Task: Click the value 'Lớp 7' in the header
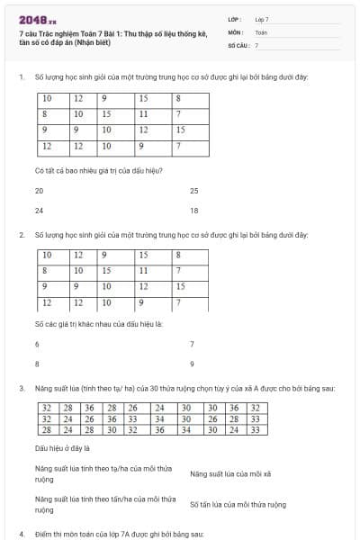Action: point(262,19)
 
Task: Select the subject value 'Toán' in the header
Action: point(261,31)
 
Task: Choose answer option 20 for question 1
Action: point(40,191)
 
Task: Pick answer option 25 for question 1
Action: point(194,191)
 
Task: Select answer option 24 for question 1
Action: point(40,211)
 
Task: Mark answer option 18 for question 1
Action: point(194,211)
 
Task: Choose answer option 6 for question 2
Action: point(37,344)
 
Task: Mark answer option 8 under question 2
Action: point(37,364)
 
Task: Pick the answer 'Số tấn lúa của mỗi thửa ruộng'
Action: point(238,505)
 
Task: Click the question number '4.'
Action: point(21,534)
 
